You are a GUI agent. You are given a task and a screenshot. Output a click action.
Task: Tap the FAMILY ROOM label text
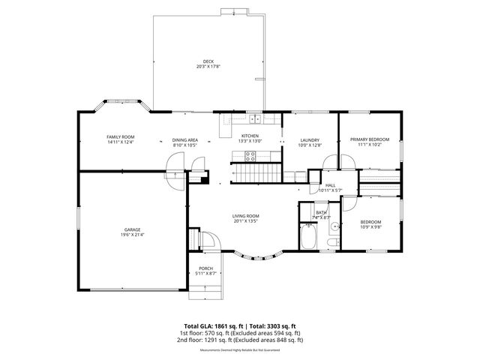click(x=120, y=136)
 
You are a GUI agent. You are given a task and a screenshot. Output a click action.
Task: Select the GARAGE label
click(x=133, y=229)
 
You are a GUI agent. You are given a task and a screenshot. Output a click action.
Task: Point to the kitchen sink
click(x=255, y=118)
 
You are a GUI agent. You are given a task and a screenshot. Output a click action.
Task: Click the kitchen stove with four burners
click(x=250, y=155)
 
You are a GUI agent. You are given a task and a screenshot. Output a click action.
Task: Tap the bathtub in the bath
click(x=308, y=238)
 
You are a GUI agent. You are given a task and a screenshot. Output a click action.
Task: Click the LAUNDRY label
click(x=310, y=140)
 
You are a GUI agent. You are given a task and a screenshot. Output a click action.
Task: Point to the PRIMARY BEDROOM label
click(x=369, y=139)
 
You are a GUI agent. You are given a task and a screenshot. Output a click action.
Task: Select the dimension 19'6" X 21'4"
click(x=133, y=235)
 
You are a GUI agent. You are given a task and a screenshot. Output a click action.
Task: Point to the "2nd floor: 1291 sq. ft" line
click(x=240, y=340)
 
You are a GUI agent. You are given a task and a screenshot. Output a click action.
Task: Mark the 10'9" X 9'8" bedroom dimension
click(x=370, y=227)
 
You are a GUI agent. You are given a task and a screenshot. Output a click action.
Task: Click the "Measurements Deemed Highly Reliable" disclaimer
click(x=240, y=350)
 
